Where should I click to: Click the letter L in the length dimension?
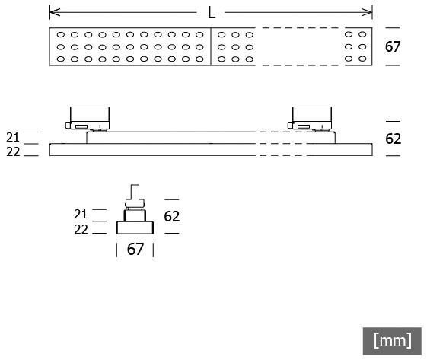(x=212, y=12)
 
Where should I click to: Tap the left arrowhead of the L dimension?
(x=55, y=12)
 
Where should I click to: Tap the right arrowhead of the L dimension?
(x=367, y=12)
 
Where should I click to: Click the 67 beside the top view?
(x=393, y=46)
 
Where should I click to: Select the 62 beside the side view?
(x=393, y=139)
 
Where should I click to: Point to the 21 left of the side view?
(x=13, y=137)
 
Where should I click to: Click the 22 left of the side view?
(x=13, y=152)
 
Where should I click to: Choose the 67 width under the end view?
(x=135, y=249)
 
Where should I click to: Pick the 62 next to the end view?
(x=171, y=216)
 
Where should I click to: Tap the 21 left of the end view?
(x=81, y=215)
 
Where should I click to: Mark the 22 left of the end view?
(x=81, y=230)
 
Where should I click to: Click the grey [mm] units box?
(x=392, y=341)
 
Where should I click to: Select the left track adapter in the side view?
(x=88, y=119)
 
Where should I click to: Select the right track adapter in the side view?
(x=310, y=119)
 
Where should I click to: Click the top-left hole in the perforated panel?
(x=61, y=34)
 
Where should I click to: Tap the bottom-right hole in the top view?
(x=362, y=59)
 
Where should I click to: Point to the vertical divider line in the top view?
(x=211, y=46)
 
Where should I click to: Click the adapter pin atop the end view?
(x=135, y=196)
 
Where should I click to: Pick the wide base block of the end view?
(x=135, y=228)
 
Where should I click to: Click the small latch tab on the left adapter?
(x=68, y=125)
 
